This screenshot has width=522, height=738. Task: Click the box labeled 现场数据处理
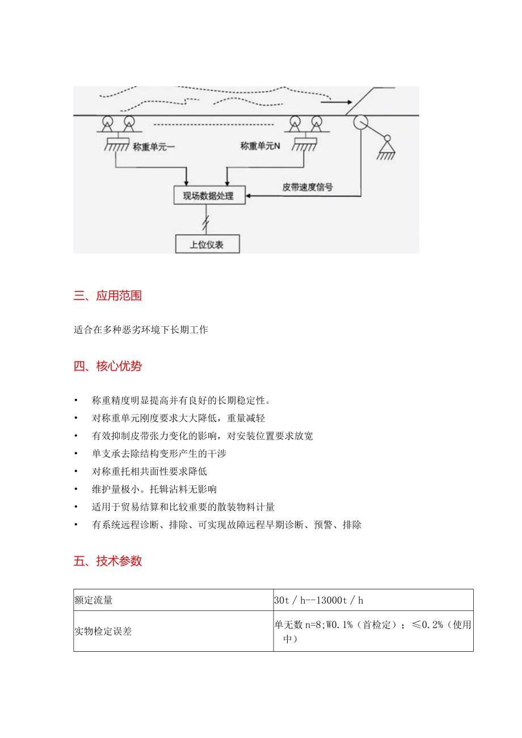coord(208,196)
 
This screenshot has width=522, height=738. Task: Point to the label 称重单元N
coord(262,146)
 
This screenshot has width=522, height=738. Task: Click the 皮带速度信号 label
coord(308,187)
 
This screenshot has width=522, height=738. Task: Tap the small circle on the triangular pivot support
coord(388,138)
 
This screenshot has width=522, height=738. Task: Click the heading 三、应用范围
coord(108,296)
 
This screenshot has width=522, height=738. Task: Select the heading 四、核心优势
coord(108,366)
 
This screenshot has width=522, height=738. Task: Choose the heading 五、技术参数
coord(108,561)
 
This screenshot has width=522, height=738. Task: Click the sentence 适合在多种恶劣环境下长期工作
coord(141,329)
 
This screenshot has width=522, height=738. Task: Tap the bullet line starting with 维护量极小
coord(154,489)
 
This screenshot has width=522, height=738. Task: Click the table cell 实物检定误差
coord(103,631)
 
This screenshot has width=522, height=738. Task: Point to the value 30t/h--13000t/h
coord(323,600)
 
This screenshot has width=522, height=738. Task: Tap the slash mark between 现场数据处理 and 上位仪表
coord(208,219)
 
